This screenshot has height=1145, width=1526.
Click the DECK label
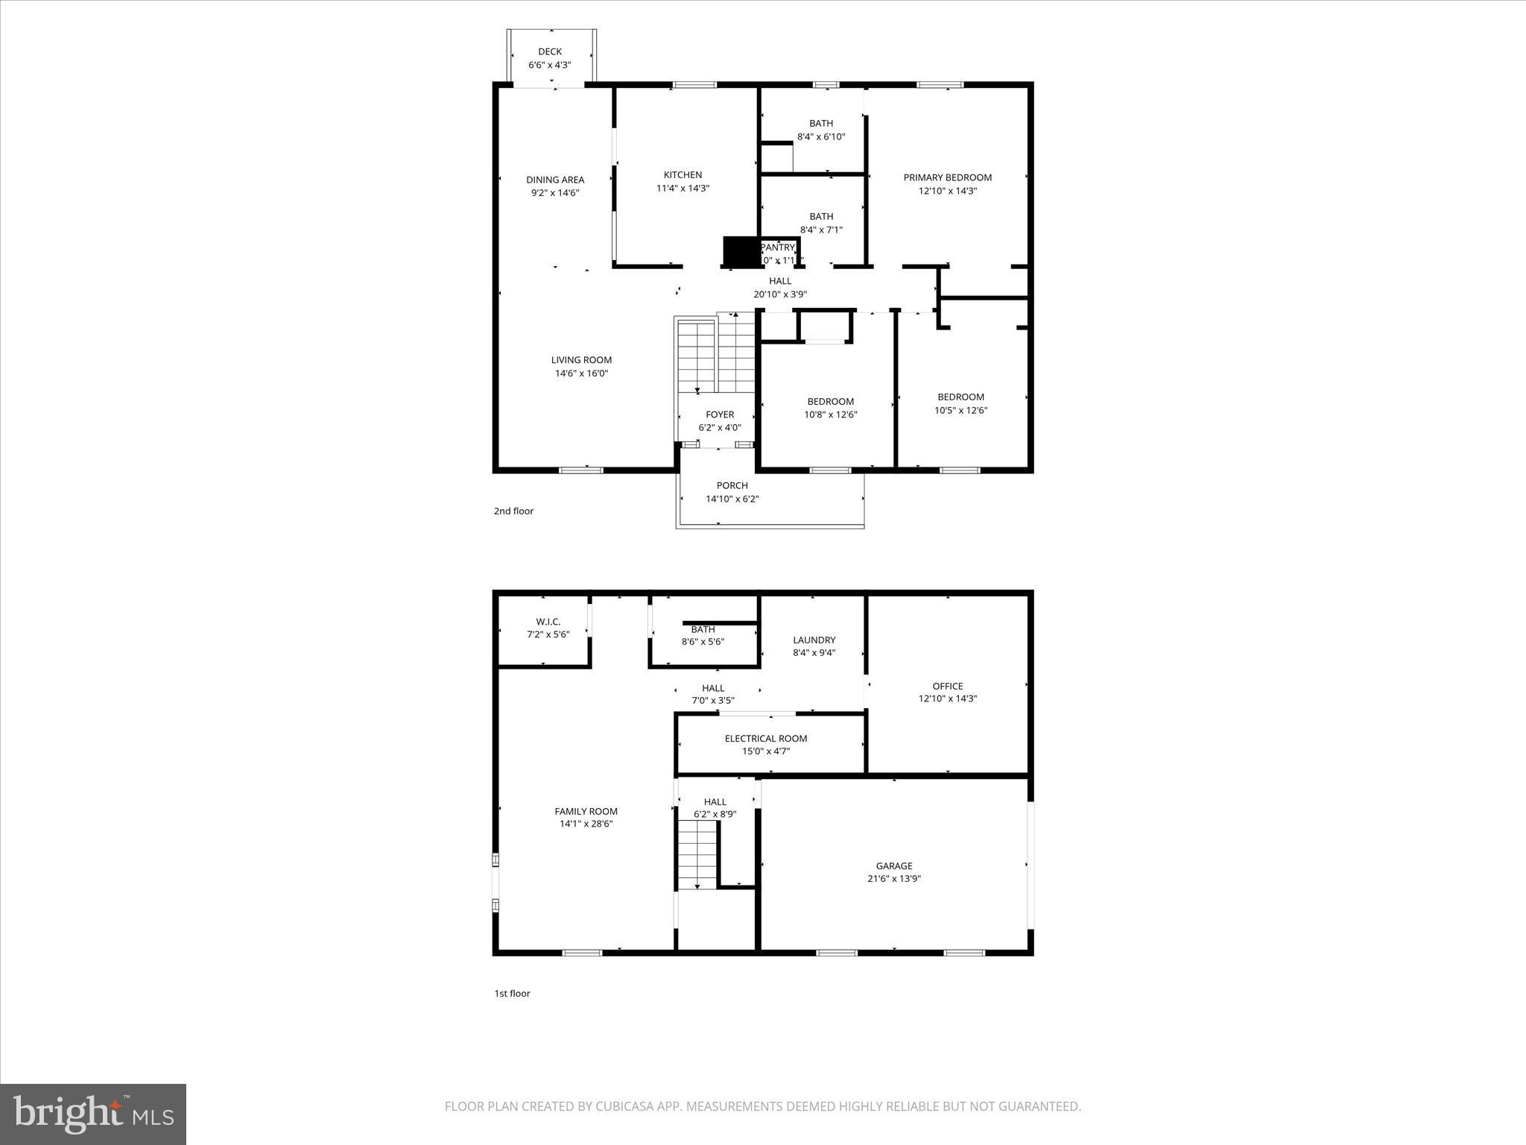[550, 51]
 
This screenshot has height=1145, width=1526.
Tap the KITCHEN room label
[683, 175]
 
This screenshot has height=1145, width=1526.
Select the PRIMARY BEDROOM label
[947, 177]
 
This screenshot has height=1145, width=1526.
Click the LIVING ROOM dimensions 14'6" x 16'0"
[581, 373]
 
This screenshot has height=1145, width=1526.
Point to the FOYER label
[720, 414]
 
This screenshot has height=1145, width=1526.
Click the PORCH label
[732, 485]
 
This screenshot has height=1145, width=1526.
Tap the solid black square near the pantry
[741, 251]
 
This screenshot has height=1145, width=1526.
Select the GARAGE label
[893, 865]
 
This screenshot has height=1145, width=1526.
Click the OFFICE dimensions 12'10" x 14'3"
[947, 698]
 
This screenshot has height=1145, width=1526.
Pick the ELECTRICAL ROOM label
[765, 738]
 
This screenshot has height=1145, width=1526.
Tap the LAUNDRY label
[814, 640]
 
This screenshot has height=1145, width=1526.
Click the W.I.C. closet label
[548, 622]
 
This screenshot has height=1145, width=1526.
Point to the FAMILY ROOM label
[586, 811]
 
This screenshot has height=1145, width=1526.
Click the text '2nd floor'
[513, 511]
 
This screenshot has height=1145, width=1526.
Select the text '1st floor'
[512, 993]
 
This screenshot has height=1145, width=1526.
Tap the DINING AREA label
[555, 180]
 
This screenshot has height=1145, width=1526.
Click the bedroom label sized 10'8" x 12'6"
[830, 401]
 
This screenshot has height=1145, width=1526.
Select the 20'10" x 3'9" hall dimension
[779, 294]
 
